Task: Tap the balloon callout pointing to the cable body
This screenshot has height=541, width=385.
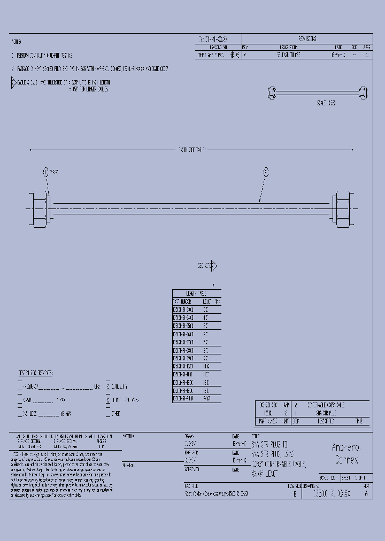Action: pos(266,172)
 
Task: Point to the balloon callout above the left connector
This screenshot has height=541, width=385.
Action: pos(46,172)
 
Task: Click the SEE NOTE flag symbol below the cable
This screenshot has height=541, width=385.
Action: pos(213,266)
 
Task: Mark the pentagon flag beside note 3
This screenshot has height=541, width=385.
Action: pos(14,83)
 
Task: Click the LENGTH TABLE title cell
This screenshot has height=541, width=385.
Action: pos(196,293)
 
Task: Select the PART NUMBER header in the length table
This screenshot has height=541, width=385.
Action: pos(183,302)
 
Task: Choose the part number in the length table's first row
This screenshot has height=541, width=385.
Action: pos(183,310)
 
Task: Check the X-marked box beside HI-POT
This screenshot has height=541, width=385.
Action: pos(108,399)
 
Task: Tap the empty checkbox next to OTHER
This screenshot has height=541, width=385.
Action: pos(108,413)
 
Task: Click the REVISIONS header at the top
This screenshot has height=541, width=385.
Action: pos(307,39)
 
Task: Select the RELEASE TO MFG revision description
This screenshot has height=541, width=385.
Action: pos(290,55)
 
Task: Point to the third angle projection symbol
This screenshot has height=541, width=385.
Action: pos(234,55)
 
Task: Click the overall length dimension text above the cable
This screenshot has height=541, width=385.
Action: pos(192,150)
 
